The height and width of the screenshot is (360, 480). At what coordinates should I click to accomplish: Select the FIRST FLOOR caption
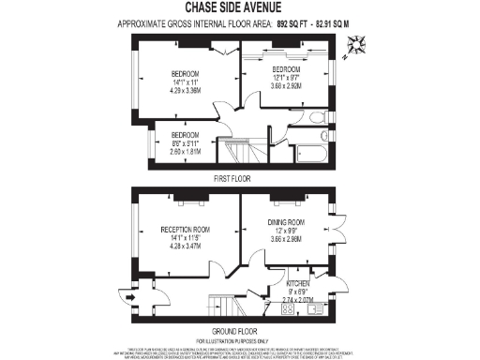point(235,177)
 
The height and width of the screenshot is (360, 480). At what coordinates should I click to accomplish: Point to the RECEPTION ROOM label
point(185,229)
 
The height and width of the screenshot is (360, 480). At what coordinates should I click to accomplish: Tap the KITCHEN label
point(298,282)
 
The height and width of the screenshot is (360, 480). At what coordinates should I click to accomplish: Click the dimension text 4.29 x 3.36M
point(185,91)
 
